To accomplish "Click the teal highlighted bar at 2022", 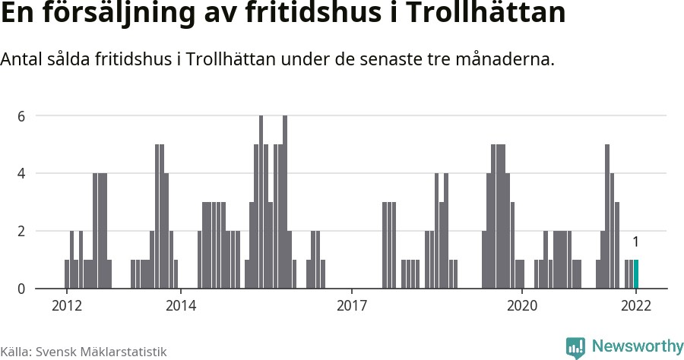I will coord(636,274).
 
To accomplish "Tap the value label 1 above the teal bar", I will coord(635,242).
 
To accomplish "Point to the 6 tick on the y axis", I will coord(22,116).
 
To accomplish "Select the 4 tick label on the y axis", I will coord(22,173).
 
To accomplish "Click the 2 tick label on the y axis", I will coord(22,231).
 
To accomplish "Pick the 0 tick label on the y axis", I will coord(22,289).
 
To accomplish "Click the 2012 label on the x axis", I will coord(66,306).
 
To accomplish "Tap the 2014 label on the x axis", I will coord(180,306).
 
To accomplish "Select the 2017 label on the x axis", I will coord(351,306).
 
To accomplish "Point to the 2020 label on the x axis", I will coord(522,306).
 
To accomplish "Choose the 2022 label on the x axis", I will coord(636,306).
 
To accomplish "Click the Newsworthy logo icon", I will coord(575,347).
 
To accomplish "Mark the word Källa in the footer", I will coord(15,351).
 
